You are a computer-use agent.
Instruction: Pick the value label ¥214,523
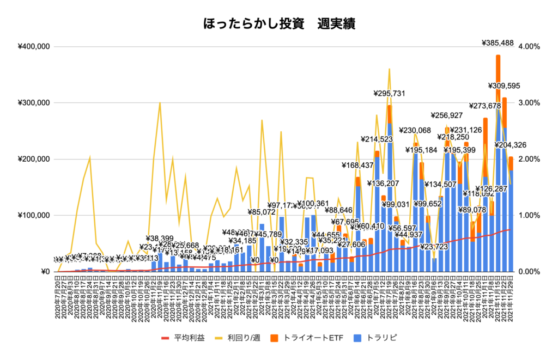coord(380,140)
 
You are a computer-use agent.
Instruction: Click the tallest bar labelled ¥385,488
coord(498,163)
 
